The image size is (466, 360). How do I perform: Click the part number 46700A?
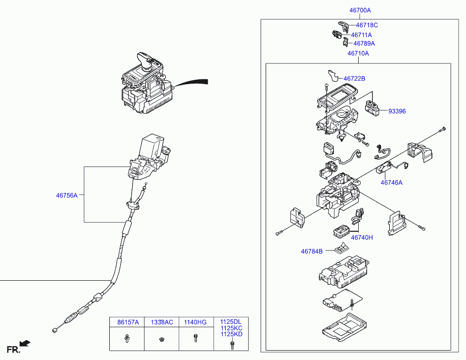[360, 10]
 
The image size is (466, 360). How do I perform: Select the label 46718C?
[367, 25]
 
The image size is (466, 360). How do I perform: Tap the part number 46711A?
[361, 35]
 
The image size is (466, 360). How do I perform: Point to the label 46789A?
[364, 44]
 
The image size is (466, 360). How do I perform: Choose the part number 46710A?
[358, 53]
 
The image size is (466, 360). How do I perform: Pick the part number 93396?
[396, 111]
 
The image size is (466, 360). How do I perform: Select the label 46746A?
[391, 183]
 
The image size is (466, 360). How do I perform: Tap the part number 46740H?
[362, 238]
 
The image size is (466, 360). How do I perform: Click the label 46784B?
[312, 252]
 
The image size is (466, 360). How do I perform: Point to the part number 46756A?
[67, 196]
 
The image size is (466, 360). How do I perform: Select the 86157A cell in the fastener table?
[128, 322]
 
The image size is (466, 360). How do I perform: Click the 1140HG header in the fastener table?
[195, 322]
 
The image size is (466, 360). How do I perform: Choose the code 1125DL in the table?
[231, 322]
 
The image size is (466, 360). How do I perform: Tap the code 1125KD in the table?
[231, 334]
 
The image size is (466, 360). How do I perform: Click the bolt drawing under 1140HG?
[195, 340]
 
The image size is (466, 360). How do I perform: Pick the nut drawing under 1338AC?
[161, 340]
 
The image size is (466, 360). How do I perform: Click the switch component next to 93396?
[373, 108]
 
